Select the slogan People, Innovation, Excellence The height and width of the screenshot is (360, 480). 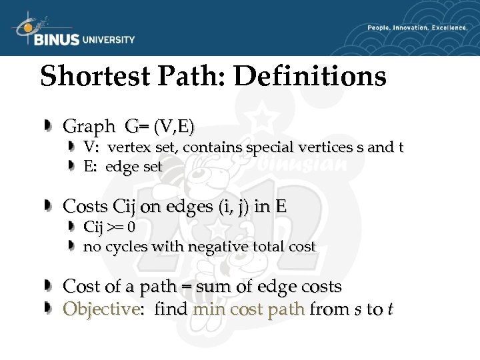click(417, 28)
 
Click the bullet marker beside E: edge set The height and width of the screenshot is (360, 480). click(74, 167)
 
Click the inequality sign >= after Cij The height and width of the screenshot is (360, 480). click(115, 227)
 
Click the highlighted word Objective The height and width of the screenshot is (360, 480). click(100, 309)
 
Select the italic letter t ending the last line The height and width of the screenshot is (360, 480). click(389, 309)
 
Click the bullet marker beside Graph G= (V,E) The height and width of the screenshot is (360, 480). click(49, 125)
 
